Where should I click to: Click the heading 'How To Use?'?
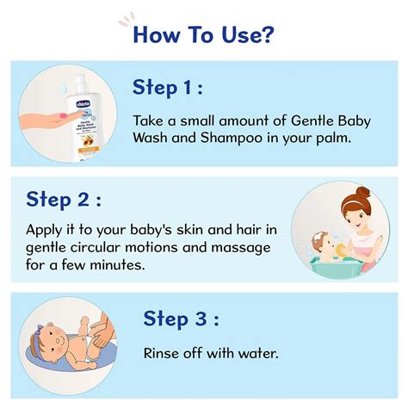pyautogui.click(x=203, y=36)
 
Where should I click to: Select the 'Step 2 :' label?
pyautogui.click(x=63, y=200)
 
